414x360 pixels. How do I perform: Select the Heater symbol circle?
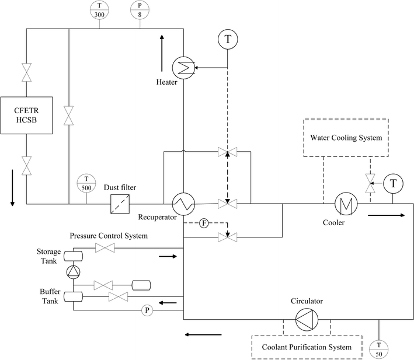(x=184, y=68)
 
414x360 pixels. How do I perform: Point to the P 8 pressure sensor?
(x=139, y=9)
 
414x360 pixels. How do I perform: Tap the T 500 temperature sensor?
(x=86, y=183)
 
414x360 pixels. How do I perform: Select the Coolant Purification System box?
(x=305, y=347)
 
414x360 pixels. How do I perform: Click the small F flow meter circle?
(x=204, y=223)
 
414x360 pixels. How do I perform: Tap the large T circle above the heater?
(x=228, y=39)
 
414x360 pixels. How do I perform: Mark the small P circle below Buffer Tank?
(x=146, y=310)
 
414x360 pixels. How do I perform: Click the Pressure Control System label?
(x=109, y=236)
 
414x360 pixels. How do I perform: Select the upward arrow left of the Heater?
(x=162, y=46)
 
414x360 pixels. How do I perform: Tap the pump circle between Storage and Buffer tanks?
(x=72, y=271)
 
